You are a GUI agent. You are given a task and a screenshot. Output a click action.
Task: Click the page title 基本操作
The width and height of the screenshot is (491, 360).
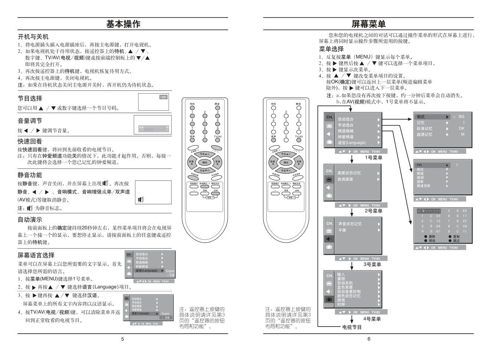click(x=123, y=24)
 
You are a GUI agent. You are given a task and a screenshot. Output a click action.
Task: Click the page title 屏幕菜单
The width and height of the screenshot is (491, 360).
click(x=368, y=24)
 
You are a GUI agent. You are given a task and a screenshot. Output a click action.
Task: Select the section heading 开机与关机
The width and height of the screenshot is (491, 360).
click(x=33, y=37)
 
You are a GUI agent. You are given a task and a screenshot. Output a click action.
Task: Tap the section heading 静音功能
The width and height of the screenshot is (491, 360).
click(x=30, y=175)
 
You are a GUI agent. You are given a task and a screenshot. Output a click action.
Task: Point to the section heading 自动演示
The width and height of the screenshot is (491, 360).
click(x=30, y=220)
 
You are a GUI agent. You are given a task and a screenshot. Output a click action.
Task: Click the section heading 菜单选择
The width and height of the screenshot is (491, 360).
click(x=331, y=49)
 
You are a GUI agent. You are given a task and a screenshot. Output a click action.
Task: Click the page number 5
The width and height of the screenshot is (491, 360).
click(x=123, y=339)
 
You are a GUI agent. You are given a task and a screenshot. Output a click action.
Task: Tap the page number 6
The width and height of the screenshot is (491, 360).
click(x=368, y=339)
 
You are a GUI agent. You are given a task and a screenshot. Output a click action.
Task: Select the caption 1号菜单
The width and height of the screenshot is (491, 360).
click(x=373, y=158)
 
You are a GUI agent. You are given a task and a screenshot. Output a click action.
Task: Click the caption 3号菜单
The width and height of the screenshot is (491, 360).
click(x=372, y=265)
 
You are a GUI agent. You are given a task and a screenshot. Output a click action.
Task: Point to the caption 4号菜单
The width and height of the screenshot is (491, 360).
click(x=372, y=319)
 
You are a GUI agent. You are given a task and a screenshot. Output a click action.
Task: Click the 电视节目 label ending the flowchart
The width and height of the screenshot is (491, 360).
click(x=352, y=327)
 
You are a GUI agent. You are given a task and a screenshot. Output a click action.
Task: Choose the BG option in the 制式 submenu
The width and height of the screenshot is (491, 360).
click(x=461, y=117)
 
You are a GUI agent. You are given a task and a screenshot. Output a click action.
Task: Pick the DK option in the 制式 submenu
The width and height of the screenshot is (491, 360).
click(x=461, y=129)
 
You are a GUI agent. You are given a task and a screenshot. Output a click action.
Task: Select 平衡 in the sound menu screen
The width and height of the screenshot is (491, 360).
click(x=342, y=230)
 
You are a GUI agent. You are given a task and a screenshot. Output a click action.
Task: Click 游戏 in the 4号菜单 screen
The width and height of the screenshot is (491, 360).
click(x=341, y=300)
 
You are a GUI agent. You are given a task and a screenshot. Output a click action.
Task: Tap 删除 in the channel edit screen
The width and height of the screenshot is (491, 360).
click(x=432, y=237)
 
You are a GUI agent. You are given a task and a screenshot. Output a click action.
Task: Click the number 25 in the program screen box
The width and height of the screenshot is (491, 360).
click(x=163, y=97)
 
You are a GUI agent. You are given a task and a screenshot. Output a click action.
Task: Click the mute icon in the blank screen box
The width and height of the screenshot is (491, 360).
click(x=140, y=200)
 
